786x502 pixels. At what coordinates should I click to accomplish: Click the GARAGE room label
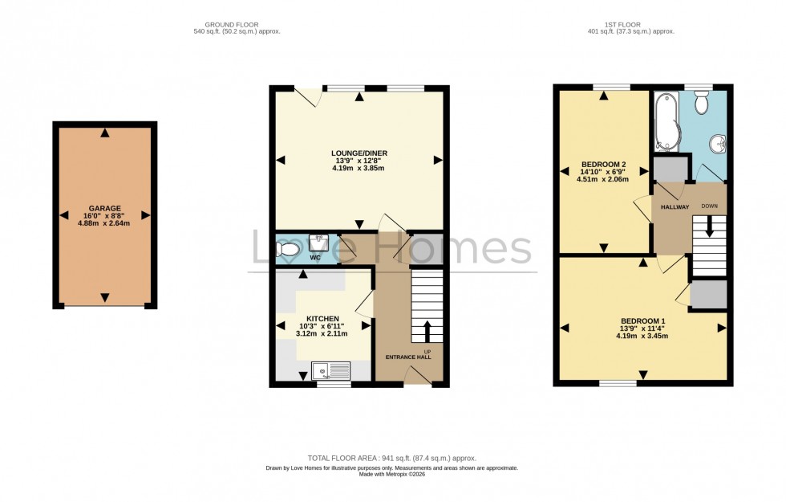pyautogui.click(x=104, y=208)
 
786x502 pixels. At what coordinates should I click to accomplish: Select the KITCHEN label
pyautogui.click(x=322, y=318)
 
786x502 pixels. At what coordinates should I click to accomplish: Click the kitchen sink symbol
pyautogui.click(x=331, y=370)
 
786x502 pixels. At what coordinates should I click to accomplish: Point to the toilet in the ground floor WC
pyautogui.click(x=288, y=250)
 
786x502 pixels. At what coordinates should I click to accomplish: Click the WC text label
pyautogui.click(x=315, y=259)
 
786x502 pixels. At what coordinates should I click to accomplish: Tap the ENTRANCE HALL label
pyautogui.click(x=408, y=357)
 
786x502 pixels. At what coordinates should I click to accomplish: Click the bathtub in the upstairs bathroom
pyautogui.click(x=665, y=122)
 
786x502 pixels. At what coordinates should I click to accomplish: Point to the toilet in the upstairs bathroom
pyautogui.click(x=702, y=103)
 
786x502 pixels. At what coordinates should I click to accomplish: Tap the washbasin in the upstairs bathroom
pyautogui.click(x=719, y=143)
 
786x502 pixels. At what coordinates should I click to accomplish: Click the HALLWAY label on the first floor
pyautogui.click(x=675, y=207)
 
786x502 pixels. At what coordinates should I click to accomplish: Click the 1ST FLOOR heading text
pyautogui.click(x=630, y=23)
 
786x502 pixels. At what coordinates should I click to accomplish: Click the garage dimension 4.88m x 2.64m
pyautogui.click(x=104, y=223)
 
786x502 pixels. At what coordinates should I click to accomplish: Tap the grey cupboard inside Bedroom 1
pyautogui.click(x=708, y=295)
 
